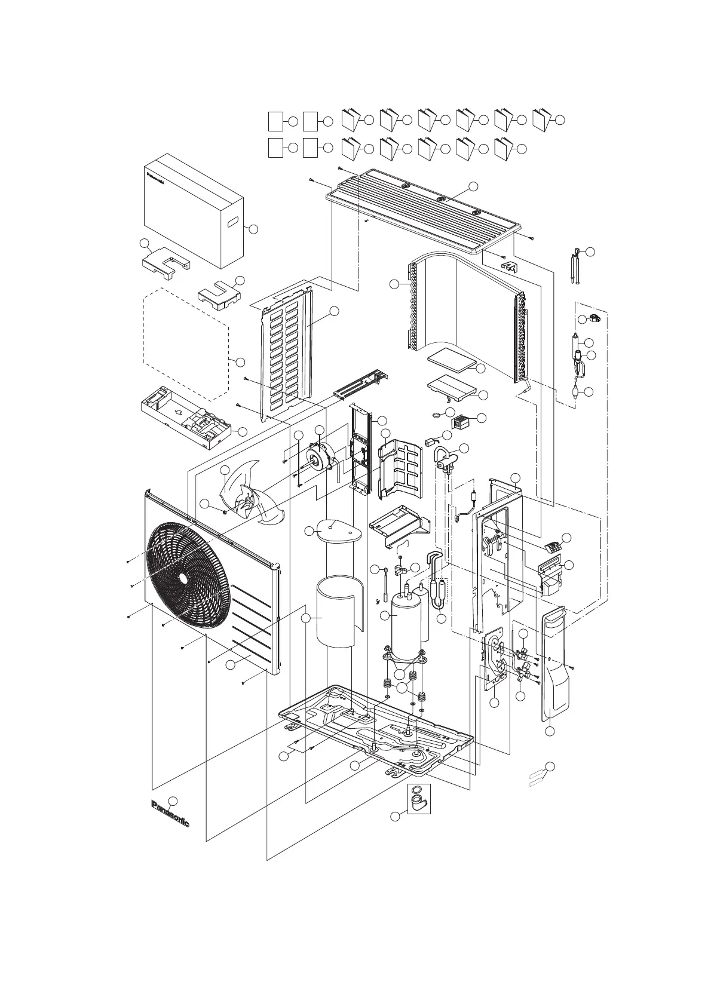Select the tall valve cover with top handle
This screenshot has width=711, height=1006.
click(554, 663)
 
